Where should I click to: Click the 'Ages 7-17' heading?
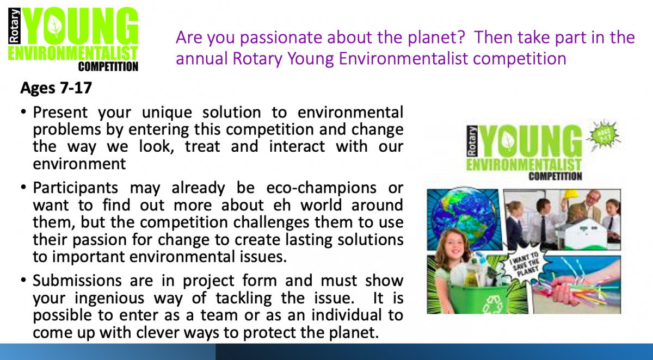pyautogui.click(x=56, y=88)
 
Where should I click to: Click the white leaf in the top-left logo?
pyautogui.click(x=55, y=26)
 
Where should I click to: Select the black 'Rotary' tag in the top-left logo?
pyautogui.click(x=14, y=26)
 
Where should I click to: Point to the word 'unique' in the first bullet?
pyautogui.click(x=167, y=113)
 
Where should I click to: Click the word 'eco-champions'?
pyautogui.click(x=321, y=188)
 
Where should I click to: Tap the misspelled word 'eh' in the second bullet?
pyautogui.click(x=282, y=205)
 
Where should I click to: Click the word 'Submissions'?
pyautogui.click(x=77, y=281)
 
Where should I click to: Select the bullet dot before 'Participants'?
pyautogui.click(x=23, y=187)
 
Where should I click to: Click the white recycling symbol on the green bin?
pyautogui.click(x=491, y=305)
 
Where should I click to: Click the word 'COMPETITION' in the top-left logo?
pyautogui.click(x=108, y=67)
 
